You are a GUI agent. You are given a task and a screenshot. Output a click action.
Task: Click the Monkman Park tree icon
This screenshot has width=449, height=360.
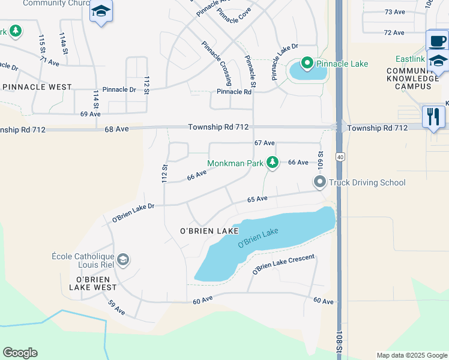(273, 163)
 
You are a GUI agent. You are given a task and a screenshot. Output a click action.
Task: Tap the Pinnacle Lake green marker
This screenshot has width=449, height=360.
(307, 63)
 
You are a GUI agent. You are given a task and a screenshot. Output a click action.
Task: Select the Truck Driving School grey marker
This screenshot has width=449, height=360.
(319, 182)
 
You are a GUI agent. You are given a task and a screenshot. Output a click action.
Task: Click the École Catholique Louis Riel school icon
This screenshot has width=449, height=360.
(123, 260)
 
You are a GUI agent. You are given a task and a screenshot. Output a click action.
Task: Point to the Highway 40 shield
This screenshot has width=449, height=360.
(340, 157)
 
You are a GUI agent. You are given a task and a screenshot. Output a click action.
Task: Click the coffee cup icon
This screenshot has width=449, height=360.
(437, 41)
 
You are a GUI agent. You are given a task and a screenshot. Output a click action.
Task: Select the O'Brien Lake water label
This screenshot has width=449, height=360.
(258, 237)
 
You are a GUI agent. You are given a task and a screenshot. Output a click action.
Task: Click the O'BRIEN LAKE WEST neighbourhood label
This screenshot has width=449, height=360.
(92, 283)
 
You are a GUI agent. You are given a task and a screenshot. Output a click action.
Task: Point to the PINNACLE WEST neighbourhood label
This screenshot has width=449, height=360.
(37, 87)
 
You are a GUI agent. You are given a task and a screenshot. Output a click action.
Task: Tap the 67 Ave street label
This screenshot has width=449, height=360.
(264, 143)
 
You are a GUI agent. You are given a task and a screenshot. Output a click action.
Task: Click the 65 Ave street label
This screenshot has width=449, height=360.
(257, 199)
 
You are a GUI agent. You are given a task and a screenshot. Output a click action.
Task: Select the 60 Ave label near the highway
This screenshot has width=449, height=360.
(323, 301)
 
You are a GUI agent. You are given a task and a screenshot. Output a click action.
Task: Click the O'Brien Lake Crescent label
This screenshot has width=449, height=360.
(283, 265)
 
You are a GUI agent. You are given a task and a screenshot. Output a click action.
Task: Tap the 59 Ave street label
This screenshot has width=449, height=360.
(116, 308)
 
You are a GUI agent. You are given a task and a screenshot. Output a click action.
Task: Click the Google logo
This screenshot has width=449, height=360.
(20, 353)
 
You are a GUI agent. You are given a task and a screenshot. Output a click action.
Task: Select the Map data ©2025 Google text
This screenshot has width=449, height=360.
(411, 355)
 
